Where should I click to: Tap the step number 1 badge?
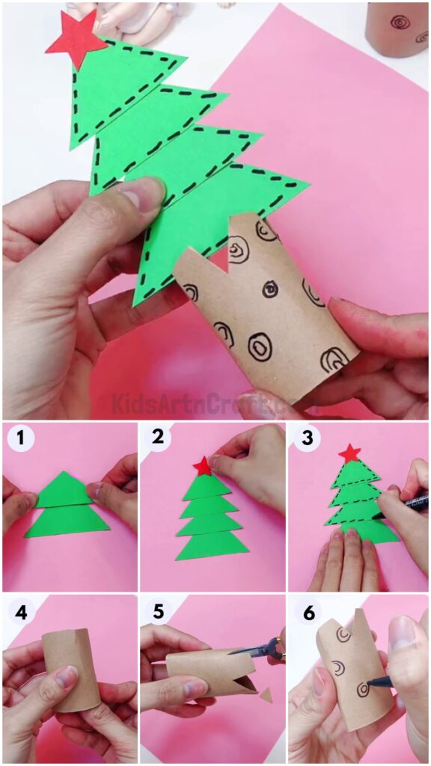20,439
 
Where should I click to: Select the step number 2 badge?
158,439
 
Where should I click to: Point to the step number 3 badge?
307,439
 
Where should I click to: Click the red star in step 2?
203,467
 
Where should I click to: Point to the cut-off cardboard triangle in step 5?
266,695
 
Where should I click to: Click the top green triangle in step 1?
64,491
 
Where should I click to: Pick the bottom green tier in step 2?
212,545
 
